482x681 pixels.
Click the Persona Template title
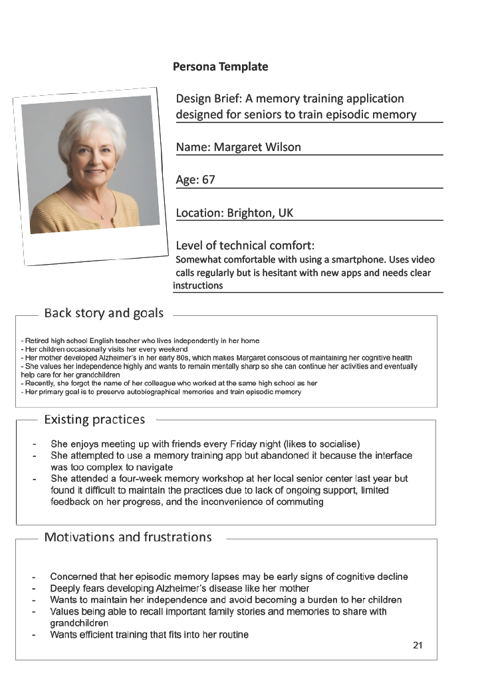[220, 67]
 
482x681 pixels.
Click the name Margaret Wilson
[257, 147]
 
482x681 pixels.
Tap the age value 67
[209, 180]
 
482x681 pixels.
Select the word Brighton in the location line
[250, 213]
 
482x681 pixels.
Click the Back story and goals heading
[104, 313]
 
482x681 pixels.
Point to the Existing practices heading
[94, 419]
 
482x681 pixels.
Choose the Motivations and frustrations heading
[128, 537]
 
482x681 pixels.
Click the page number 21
[418, 645]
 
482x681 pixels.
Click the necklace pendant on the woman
[102, 216]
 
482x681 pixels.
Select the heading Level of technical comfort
[243, 245]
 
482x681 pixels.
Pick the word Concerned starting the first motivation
[74, 577]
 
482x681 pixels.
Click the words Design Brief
[209, 99]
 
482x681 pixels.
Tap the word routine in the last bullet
[232, 634]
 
